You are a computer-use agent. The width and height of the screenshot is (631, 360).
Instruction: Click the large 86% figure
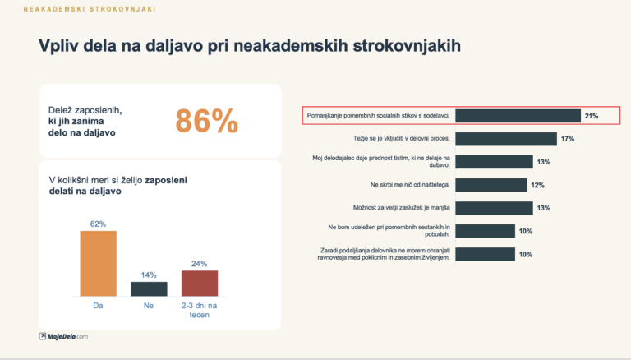206,120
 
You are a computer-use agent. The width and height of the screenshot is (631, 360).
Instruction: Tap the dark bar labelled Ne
149,288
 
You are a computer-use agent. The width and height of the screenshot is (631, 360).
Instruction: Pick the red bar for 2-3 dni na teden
200,283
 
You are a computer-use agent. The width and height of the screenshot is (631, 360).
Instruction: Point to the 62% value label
98,224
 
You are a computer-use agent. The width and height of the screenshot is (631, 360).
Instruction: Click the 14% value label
149,275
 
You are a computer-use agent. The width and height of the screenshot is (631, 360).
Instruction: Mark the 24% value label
200,263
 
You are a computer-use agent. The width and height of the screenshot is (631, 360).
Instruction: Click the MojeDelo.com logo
63,335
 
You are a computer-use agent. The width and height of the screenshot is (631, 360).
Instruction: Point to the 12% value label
538,185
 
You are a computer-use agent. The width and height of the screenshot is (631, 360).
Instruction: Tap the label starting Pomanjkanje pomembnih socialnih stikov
377,116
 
